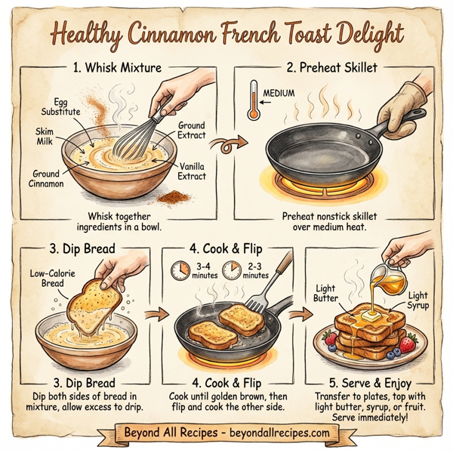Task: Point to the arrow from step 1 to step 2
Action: pyautogui.click(x=226, y=140)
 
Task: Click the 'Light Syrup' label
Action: pyautogui.click(x=418, y=301)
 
